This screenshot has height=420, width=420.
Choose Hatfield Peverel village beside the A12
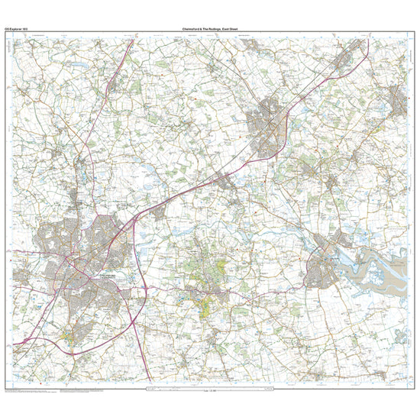[x=225, y=182]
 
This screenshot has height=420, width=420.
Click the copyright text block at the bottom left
[x=31, y=390]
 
